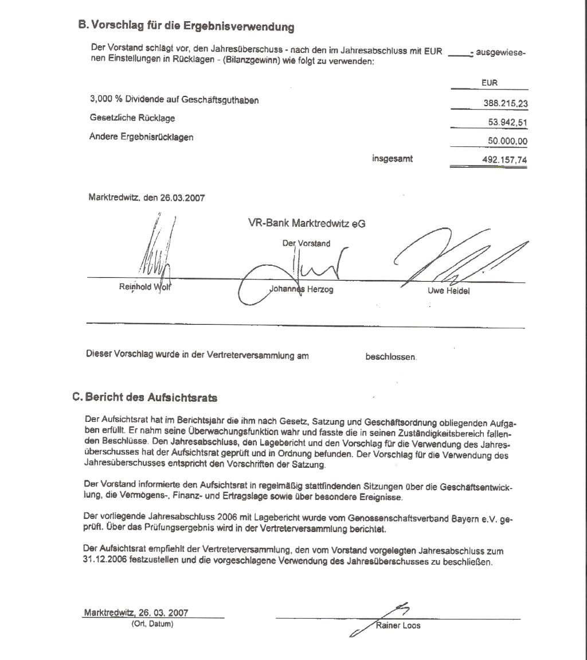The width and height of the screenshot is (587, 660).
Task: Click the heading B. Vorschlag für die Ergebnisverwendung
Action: pyautogui.click(x=186, y=26)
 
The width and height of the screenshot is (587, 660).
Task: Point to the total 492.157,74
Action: pyautogui.click(x=504, y=160)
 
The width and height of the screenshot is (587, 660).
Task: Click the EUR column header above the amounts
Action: pyautogui.click(x=490, y=83)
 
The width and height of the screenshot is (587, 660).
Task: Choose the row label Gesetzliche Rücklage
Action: pyautogui.click(x=132, y=118)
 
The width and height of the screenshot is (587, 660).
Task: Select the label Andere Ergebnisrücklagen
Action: pyautogui.click(x=142, y=137)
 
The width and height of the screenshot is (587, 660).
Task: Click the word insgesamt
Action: pyautogui.click(x=392, y=159)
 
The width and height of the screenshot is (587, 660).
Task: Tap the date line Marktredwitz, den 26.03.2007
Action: pyautogui.click(x=147, y=197)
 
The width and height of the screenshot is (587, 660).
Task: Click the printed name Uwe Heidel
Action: pyautogui.click(x=448, y=291)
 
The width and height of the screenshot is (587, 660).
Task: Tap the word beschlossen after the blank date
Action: pyautogui.click(x=391, y=357)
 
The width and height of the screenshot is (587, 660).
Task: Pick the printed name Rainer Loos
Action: pyautogui.click(x=398, y=626)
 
